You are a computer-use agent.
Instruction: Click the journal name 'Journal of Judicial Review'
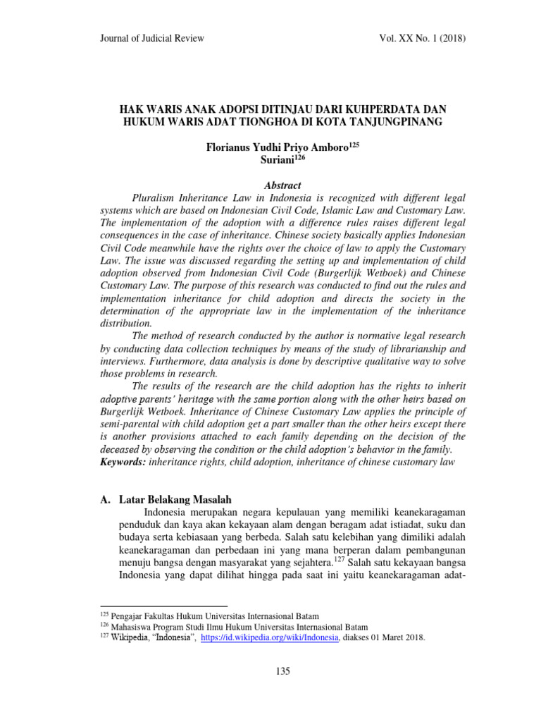click(x=153, y=38)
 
